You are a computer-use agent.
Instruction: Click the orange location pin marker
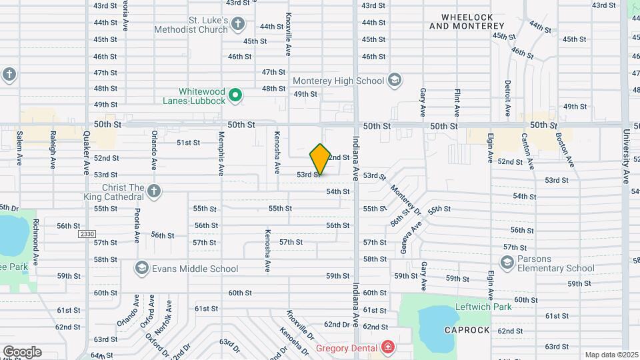click(320, 159)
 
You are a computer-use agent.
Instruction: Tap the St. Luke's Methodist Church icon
click(239, 25)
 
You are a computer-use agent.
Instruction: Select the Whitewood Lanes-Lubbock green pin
click(235, 96)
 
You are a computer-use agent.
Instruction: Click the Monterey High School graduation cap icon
click(395, 81)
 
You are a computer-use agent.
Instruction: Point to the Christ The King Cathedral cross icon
click(154, 192)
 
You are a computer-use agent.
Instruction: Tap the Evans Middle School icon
click(141, 269)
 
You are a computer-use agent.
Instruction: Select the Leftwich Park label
click(483, 307)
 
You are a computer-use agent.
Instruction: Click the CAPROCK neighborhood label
click(467, 330)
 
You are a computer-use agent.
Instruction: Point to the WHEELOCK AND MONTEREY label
click(467, 21)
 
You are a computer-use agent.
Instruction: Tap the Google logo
click(22, 351)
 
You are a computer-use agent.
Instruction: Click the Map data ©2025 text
click(611, 355)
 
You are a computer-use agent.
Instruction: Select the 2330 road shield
click(87, 234)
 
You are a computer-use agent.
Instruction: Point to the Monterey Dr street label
click(406, 199)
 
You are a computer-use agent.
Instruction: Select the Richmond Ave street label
click(37, 241)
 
